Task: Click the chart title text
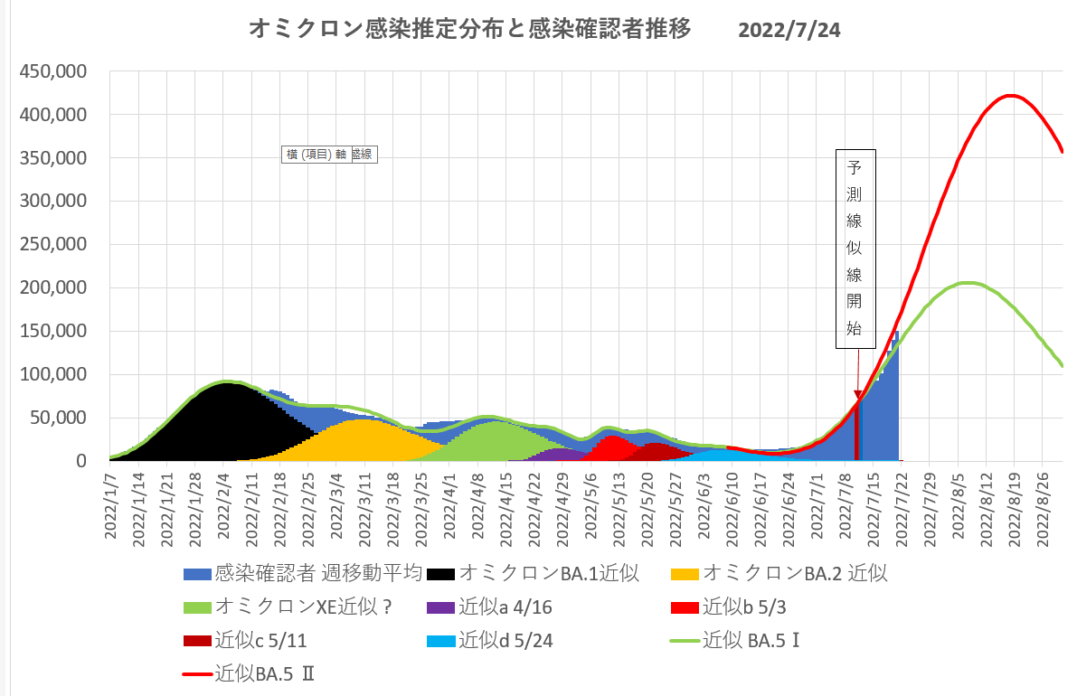(470, 30)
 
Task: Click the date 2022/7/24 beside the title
(789, 31)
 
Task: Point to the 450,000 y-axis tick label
(56, 71)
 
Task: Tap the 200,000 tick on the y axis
(56, 288)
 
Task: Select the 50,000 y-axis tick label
(61, 418)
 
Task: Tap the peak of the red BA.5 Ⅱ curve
(1011, 96)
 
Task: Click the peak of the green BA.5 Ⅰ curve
(966, 283)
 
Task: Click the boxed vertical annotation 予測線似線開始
(855, 249)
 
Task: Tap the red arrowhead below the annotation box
(857, 395)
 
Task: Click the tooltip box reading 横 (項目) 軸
(316, 155)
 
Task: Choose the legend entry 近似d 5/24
(503, 641)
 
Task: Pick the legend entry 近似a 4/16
(503, 607)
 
